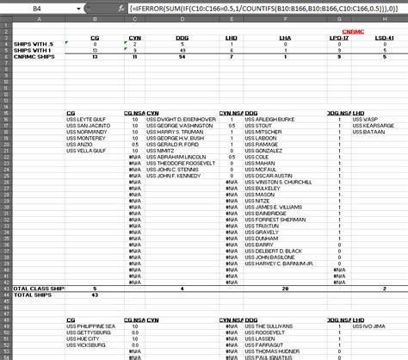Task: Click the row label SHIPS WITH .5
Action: (25, 43)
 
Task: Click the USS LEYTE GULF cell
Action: (86, 119)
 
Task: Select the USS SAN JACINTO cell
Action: (87, 125)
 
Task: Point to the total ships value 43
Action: (95, 295)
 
